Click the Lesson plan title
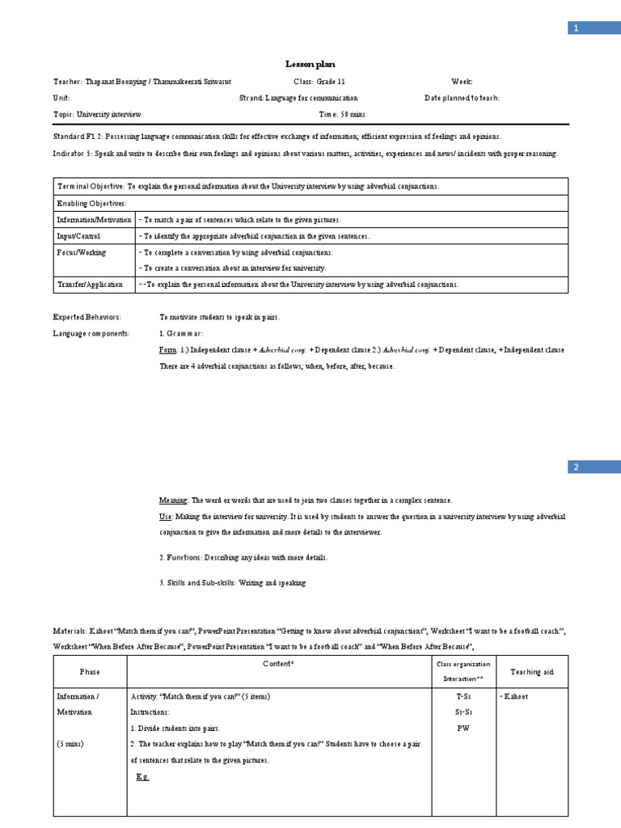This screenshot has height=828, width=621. (310, 64)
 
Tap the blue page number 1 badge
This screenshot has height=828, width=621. (576, 28)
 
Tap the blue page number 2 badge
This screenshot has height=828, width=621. (576, 467)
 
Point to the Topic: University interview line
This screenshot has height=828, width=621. (97, 114)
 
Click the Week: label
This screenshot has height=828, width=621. (461, 82)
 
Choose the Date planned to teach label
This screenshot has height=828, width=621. (462, 98)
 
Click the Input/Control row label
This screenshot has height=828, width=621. (78, 236)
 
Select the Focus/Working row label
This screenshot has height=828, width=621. (81, 252)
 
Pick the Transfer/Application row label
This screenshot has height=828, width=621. (89, 285)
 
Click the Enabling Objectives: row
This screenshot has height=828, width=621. (91, 204)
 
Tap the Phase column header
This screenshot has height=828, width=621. (90, 672)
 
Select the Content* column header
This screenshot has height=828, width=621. (278, 663)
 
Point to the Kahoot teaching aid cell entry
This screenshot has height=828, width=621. (514, 696)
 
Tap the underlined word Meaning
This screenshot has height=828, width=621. (173, 501)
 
